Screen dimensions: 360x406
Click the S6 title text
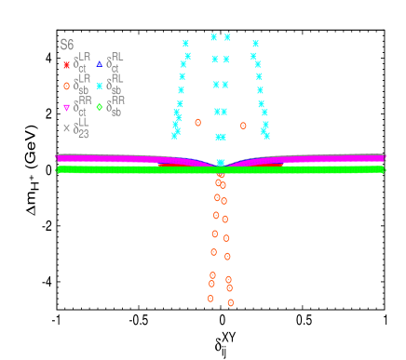click(67, 45)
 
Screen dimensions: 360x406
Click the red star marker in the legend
click(66, 64)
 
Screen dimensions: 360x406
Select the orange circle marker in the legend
click(66, 86)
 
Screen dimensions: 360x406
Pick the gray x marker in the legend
click(66, 128)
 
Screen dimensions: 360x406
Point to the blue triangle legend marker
click(100, 64)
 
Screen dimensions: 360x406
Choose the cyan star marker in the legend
click(100, 86)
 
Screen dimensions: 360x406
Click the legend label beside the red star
click(81, 63)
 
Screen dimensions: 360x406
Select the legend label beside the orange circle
click(81, 85)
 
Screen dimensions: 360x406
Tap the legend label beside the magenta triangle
click(81, 106)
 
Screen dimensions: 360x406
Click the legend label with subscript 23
click(82, 128)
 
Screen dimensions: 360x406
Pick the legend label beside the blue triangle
click(115, 61)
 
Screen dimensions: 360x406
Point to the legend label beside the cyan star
click(115, 84)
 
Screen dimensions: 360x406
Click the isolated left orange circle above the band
click(197, 122)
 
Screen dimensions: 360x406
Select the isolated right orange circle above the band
click(243, 126)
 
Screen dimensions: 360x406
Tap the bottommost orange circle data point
click(231, 302)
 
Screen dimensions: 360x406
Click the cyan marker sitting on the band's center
click(221, 163)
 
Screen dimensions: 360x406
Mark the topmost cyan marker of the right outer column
click(255, 44)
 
